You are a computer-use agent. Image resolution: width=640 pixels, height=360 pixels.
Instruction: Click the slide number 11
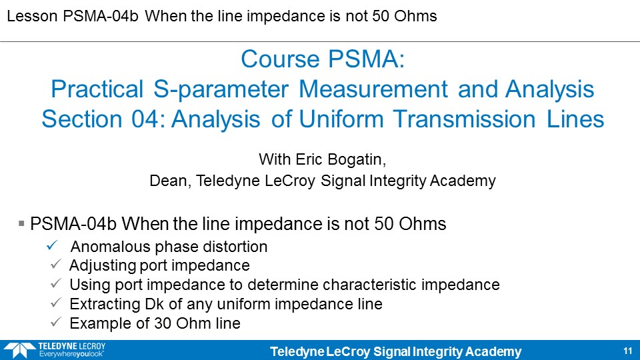(628, 351)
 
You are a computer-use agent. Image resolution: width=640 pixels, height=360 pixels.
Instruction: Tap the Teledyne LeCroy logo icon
(19, 351)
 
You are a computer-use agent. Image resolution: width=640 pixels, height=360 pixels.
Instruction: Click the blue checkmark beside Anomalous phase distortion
(52, 246)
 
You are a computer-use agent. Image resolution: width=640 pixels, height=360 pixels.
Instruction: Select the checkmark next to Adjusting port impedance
(56, 265)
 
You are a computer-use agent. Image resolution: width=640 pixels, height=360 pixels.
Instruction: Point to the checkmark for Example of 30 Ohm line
(56, 323)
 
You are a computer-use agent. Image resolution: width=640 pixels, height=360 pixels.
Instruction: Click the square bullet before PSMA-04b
(21, 223)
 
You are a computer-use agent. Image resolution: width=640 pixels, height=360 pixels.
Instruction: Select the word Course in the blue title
(280, 59)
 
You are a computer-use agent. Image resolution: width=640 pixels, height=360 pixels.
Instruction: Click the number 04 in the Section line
(147, 119)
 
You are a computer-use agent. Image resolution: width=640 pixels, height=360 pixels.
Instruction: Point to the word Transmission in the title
(465, 119)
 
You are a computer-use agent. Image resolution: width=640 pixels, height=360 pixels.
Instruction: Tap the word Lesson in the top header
(32, 16)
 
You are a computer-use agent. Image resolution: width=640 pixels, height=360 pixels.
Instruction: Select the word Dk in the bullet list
(154, 304)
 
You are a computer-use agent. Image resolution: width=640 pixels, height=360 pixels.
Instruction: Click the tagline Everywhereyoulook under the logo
(71, 354)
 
